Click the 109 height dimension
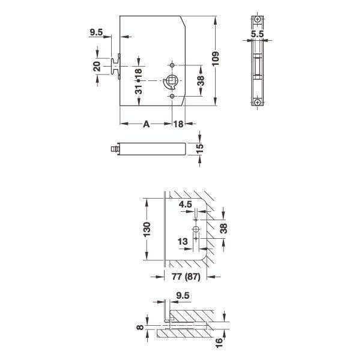click(x=223, y=61)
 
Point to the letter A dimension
click(x=146, y=124)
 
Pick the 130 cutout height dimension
click(x=148, y=230)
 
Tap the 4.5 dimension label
click(x=186, y=205)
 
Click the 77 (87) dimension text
click(x=186, y=278)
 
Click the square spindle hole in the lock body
click(x=172, y=81)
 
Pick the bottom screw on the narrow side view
click(x=257, y=102)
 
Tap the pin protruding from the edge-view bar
click(x=113, y=148)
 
